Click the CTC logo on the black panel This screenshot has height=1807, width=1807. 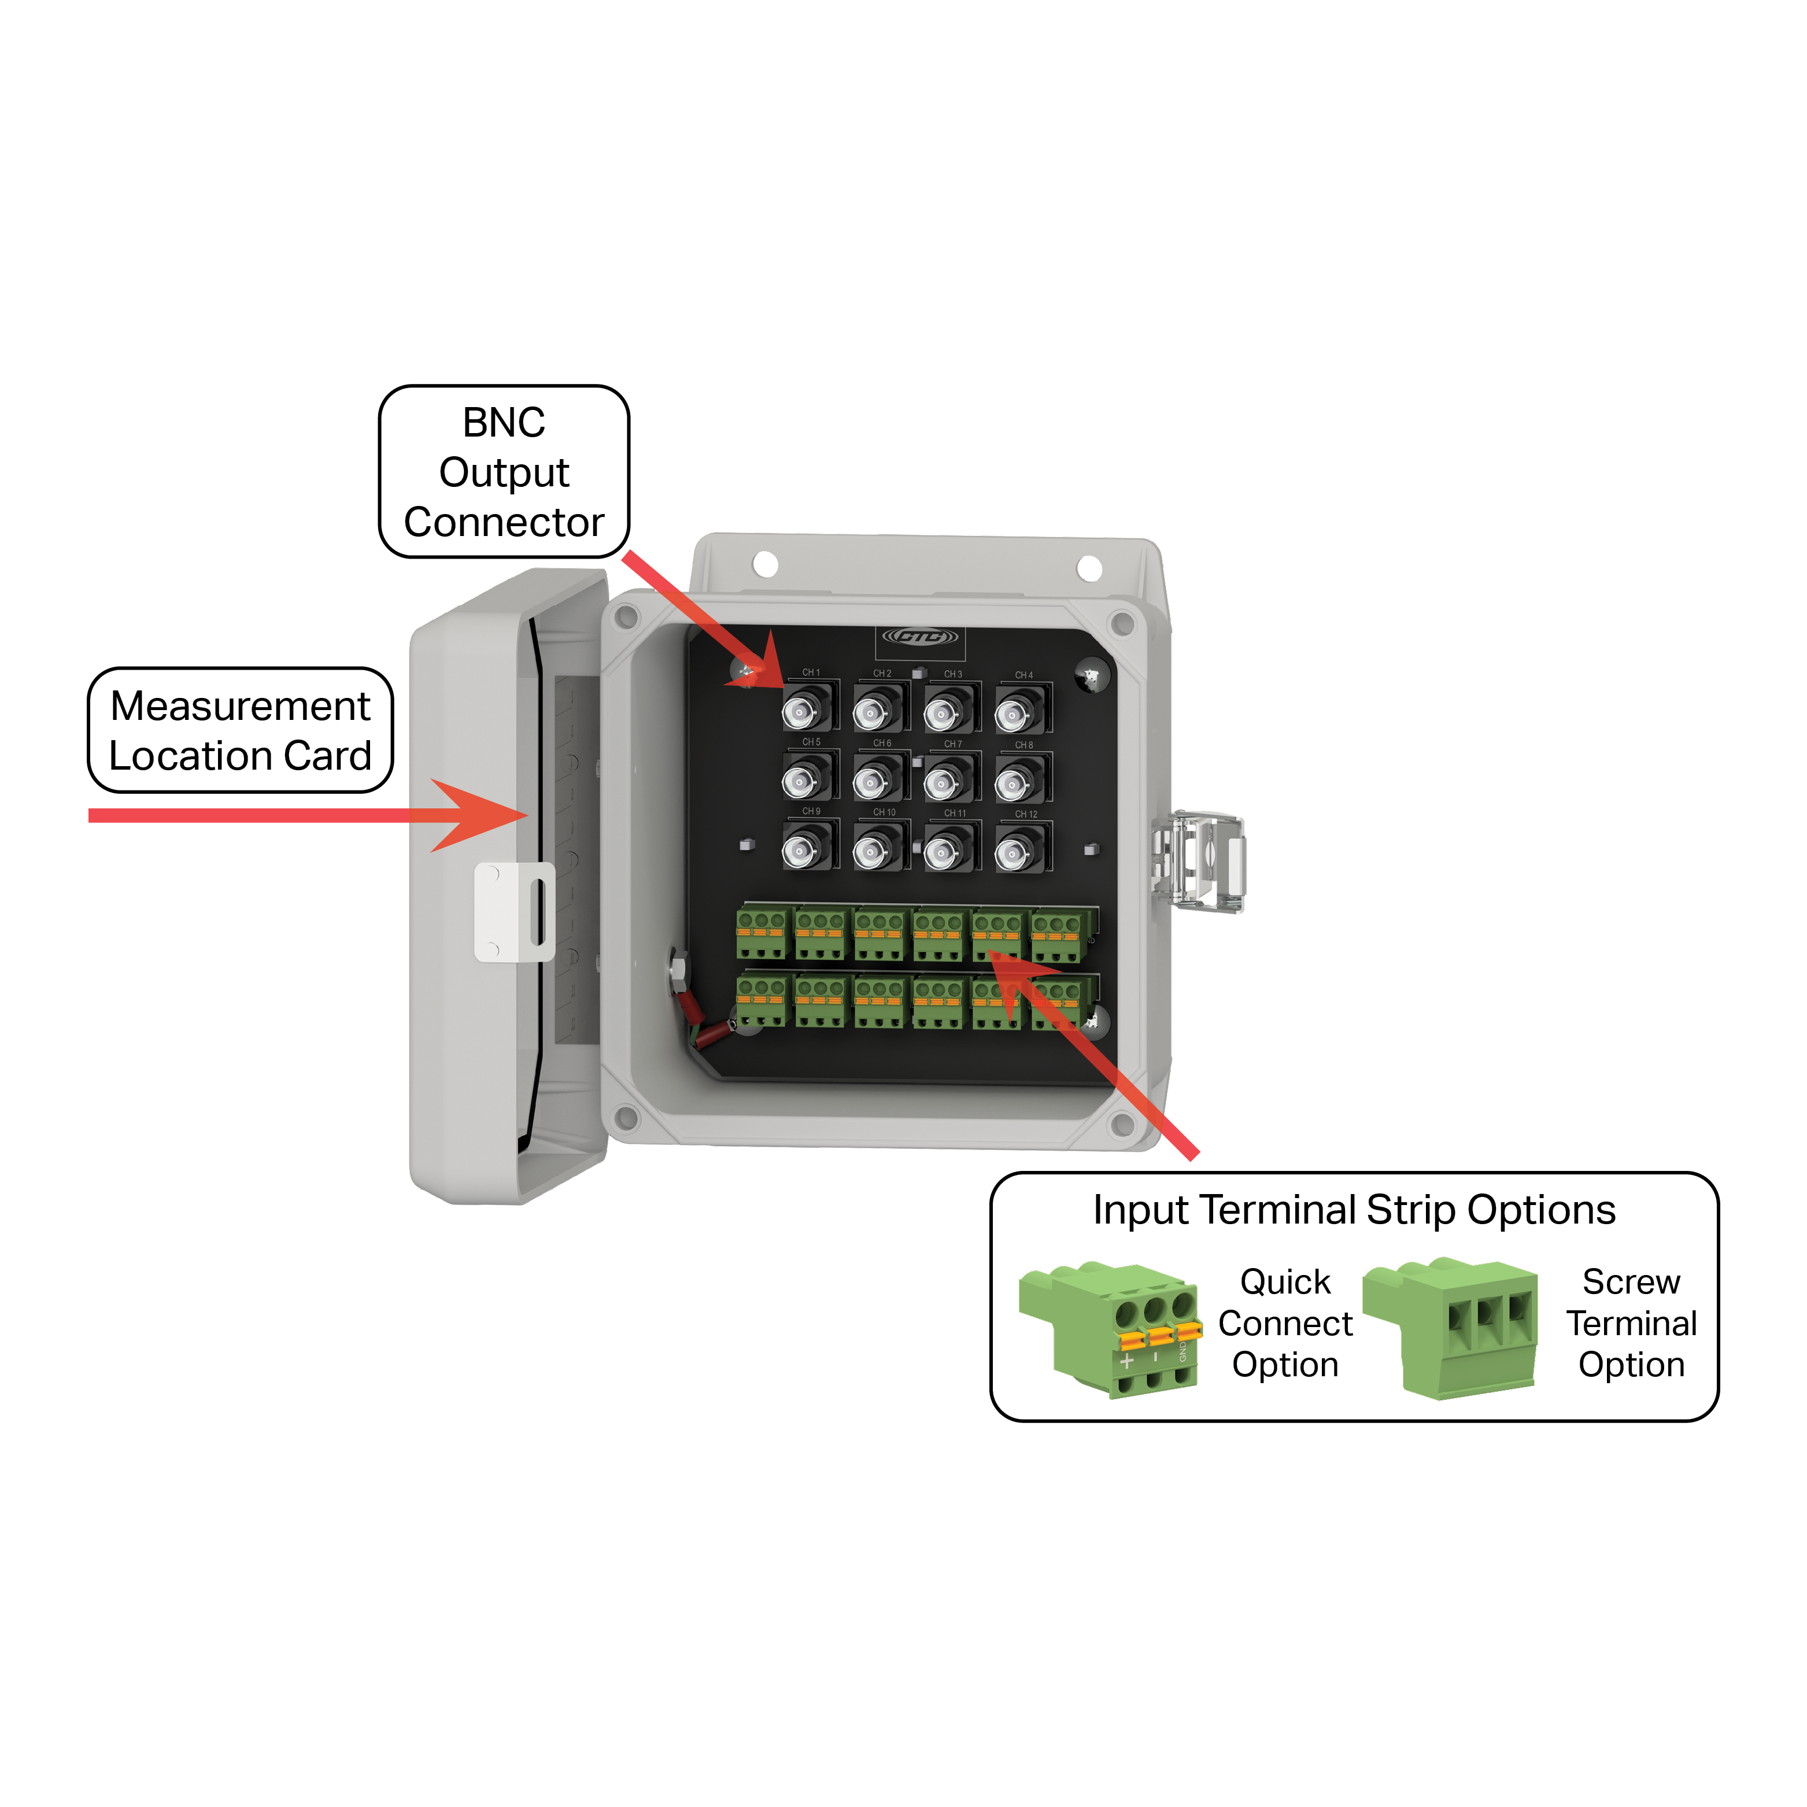(921, 638)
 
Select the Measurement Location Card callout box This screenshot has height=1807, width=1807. (241, 730)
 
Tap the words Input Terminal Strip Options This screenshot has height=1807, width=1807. (1354, 1209)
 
